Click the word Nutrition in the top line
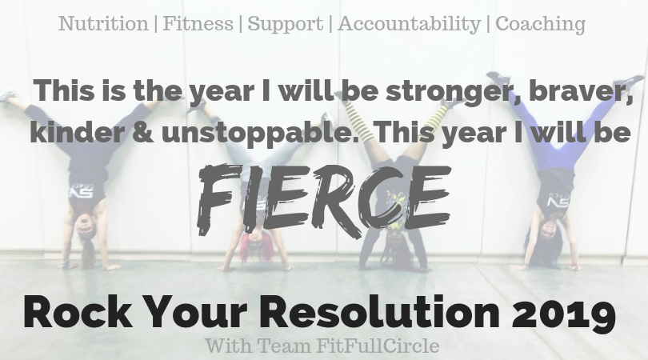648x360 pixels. [x=103, y=23]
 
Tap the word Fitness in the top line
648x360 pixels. [x=198, y=23]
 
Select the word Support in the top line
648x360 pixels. [x=285, y=24]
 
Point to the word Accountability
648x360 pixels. [x=409, y=24]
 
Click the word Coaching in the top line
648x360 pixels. [x=540, y=24]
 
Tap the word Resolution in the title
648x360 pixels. [x=379, y=313]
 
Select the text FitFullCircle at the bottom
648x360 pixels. [x=378, y=346]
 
